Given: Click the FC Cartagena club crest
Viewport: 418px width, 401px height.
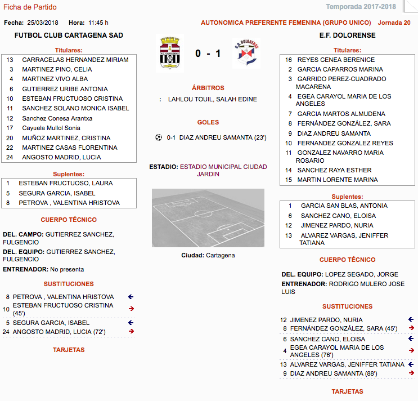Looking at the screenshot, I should click(169, 53).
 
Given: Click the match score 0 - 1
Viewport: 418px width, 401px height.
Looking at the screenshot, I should click(208, 54).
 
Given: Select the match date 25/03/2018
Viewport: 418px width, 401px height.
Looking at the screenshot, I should click(43, 23).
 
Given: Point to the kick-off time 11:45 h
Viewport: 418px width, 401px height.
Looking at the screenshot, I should click(98, 23).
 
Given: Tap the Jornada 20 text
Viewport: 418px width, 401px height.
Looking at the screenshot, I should click(394, 23).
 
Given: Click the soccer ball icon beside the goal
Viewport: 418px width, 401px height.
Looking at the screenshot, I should click(159, 137).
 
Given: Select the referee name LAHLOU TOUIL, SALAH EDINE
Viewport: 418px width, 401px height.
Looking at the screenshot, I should click(212, 99).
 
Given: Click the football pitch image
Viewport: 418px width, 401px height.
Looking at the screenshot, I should click(208, 218).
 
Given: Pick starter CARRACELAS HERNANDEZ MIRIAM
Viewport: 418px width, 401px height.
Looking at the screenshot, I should click(75, 60).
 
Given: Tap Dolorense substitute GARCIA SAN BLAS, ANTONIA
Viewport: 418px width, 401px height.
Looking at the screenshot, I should click(344, 206).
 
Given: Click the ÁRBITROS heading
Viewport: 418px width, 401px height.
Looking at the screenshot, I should click(208, 88).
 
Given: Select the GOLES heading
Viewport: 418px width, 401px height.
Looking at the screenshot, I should click(208, 122).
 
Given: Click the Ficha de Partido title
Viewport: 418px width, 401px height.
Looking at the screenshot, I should click(30, 7).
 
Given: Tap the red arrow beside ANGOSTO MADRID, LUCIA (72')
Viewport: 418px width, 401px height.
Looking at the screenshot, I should click(131, 331).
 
